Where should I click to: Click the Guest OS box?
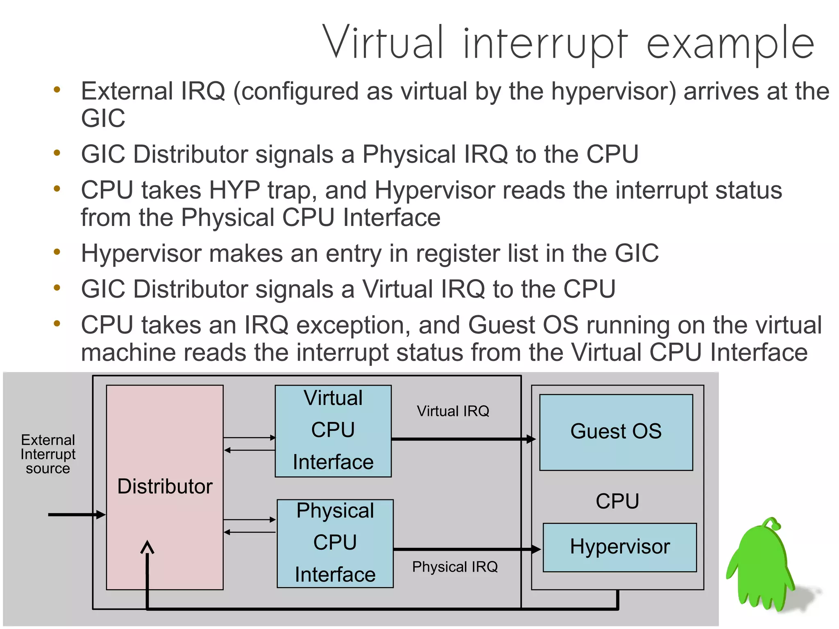(616, 432)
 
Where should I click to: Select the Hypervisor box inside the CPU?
(619, 547)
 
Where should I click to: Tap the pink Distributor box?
(164, 487)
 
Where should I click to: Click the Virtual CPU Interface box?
(333, 431)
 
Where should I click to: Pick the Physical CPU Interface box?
(335, 543)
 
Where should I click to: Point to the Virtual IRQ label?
(453, 411)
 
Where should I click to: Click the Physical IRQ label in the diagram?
(455, 567)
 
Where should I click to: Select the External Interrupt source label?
(48, 454)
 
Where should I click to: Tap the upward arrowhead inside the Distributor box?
(147, 547)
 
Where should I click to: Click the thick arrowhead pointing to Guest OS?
(531, 439)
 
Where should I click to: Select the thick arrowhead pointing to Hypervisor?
(536, 549)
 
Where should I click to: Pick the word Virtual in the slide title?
(383, 43)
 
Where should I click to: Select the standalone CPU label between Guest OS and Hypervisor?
(617, 501)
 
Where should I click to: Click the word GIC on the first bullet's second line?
(103, 118)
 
